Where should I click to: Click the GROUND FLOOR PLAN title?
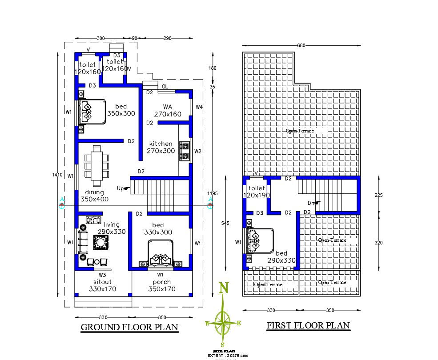click(129, 328)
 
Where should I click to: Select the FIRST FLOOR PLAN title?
click(308, 325)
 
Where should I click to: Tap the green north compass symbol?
click(223, 319)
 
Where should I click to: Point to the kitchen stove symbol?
click(185, 151)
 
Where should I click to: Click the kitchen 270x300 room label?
click(161, 147)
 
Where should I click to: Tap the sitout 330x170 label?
click(102, 285)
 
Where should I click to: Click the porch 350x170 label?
click(162, 285)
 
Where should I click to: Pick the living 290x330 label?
click(112, 228)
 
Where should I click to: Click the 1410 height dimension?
click(57, 175)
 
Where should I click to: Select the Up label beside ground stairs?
click(121, 188)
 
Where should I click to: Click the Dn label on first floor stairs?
click(312, 203)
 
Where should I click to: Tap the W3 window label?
click(102, 275)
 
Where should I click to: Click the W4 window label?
click(199, 107)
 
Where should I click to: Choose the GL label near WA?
click(165, 86)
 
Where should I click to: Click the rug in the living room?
click(100, 243)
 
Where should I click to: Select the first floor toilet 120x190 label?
click(257, 192)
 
